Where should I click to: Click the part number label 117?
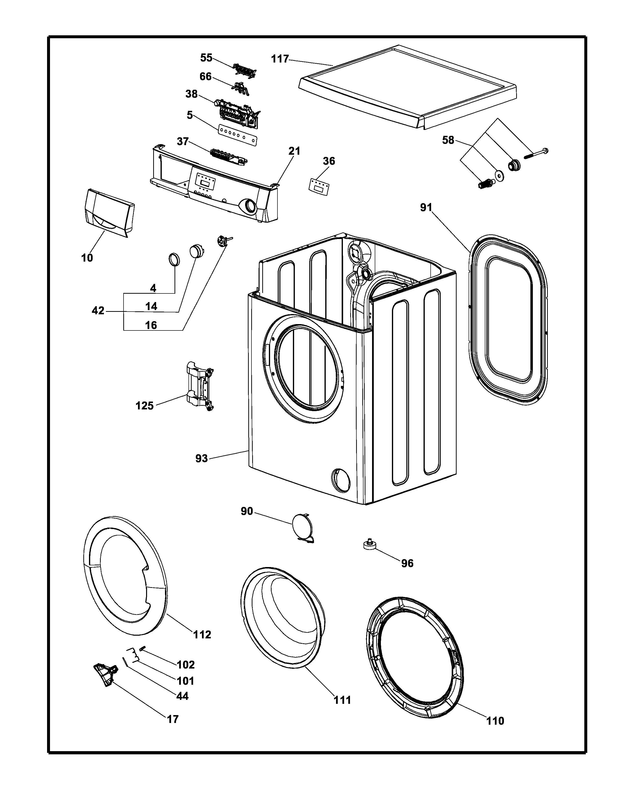(280, 59)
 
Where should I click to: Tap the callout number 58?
(448, 140)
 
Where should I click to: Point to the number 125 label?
(144, 406)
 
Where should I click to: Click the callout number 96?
(407, 563)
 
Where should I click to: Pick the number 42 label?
(98, 311)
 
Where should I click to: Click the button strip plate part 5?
(238, 134)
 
